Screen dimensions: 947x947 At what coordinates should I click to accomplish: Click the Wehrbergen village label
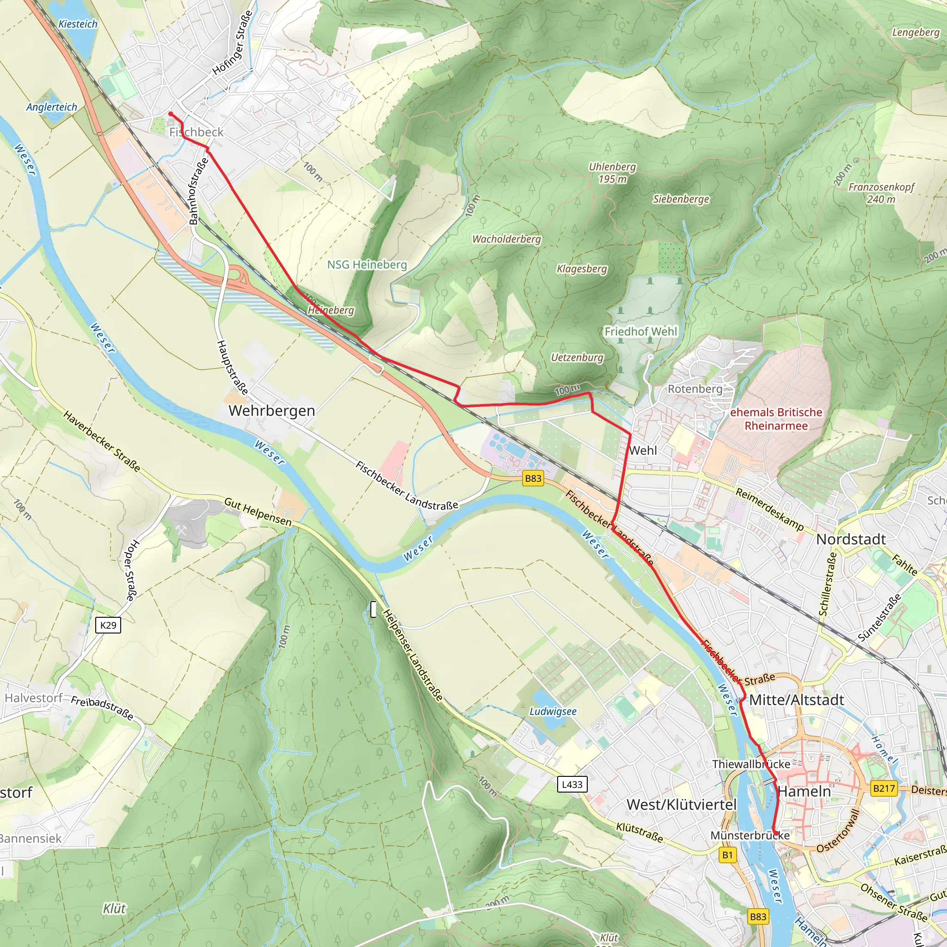pos(271,411)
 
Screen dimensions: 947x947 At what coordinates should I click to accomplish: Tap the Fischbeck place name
pos(196,132)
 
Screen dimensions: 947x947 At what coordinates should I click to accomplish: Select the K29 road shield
pos(108,625)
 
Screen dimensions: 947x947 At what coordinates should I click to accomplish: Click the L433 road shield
pos(572,784)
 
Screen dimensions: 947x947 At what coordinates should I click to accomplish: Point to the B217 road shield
pos(884,788)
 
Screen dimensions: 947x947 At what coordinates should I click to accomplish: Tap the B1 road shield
pos(727,855)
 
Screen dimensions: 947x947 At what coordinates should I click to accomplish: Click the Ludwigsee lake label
pos(553,711)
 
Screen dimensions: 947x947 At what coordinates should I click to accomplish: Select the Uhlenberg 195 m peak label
pos(612,172)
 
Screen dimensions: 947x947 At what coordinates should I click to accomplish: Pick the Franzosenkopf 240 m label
pos(881,193)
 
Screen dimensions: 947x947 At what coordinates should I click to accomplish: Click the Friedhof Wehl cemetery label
pos(640,332)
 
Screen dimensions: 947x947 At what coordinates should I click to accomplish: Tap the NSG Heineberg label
pos(367,264)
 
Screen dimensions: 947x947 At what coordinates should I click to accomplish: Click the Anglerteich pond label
pos(51,107)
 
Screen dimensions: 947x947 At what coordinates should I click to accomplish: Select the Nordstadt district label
pos(851,539)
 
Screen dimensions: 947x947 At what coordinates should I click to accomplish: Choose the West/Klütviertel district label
pos(681,805)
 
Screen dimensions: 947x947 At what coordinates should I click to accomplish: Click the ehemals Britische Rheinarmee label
pos(776,419)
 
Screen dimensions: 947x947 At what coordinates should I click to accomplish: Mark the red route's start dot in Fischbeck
pos(171,114)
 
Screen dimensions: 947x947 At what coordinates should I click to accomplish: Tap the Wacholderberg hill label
pos(506,239)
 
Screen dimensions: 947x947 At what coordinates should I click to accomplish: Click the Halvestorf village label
pos(33,697)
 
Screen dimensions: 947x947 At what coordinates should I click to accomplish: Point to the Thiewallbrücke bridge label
pos(751,764)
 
